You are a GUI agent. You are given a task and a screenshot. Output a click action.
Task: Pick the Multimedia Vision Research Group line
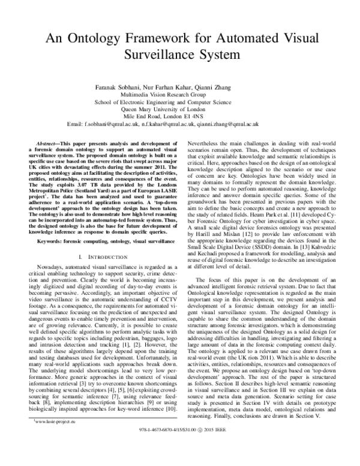(180, 95)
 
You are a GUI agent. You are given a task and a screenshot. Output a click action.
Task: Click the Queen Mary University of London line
(180, 110)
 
